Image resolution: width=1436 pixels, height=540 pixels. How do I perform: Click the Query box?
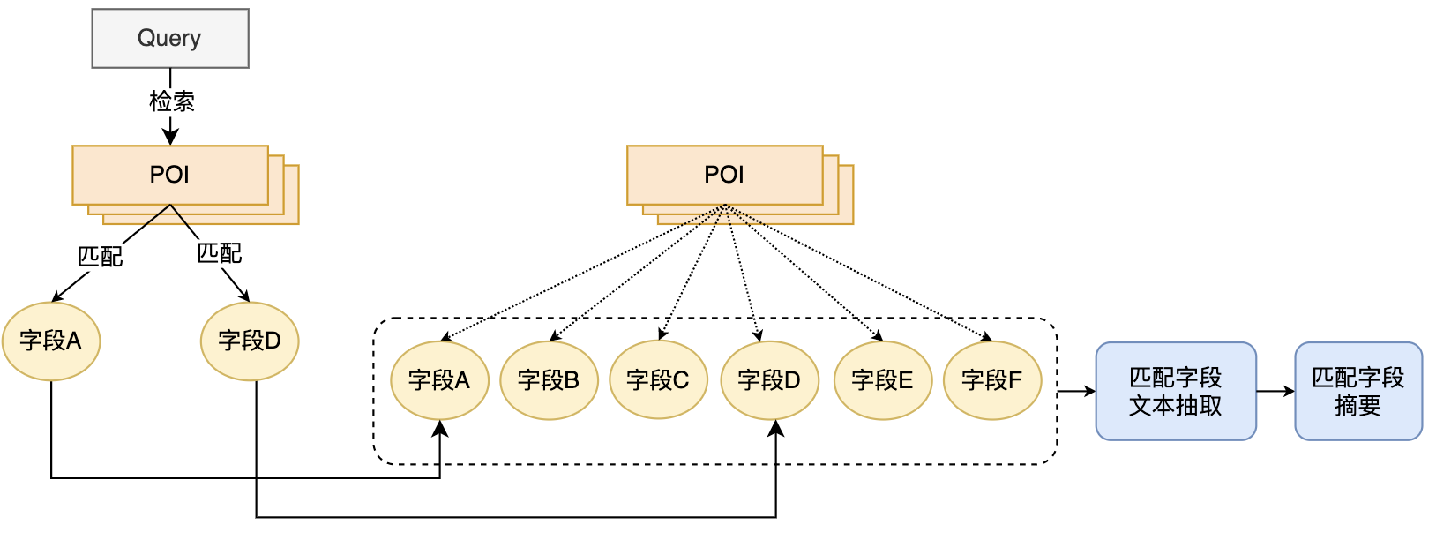pos(170,38)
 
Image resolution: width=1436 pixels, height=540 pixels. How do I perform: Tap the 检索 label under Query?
pos(171,101)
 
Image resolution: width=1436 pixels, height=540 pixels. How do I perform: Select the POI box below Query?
pos(170,175)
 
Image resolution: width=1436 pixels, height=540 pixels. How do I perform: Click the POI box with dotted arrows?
pos(724,175)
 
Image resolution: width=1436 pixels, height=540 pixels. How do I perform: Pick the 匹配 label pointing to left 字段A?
pos(100,257)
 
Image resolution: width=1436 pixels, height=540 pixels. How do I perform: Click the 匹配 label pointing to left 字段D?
pos(219,253)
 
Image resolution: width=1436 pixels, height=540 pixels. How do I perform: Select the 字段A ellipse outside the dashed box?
pos(51,341)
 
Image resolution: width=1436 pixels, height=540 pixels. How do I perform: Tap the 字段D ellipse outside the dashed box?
pos(250,341)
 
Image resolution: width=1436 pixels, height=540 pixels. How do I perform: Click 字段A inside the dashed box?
pos(439,380)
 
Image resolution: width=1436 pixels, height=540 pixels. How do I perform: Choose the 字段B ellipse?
pos(549,380)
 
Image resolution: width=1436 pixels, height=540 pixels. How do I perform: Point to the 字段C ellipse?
pos(658,380)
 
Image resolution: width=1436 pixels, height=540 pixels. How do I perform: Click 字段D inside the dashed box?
pos(769,380)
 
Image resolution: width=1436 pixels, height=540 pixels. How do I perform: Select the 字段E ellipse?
pos(882,380)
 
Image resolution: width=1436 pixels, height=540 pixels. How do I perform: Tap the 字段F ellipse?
pos(992,380)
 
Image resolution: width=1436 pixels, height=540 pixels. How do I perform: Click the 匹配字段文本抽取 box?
pos(1176,391)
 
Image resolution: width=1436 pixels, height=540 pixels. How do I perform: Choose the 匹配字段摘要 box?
pos(1358,391)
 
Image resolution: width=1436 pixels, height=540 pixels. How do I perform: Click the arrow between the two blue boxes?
pos(1275,391)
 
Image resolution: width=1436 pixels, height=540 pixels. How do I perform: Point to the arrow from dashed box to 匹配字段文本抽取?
pos(1076,391)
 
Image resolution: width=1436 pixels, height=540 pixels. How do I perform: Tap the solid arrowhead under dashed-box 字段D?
pos(776,428)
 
